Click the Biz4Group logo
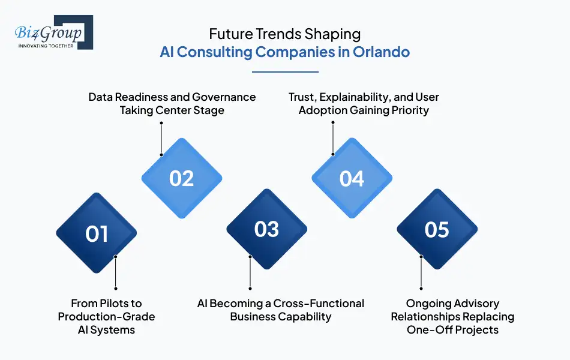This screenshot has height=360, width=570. point(53,32)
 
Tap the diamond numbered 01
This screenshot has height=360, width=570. point(97,233)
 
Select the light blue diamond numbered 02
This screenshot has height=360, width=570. point(182,178)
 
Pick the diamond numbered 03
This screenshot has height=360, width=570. point(267,229)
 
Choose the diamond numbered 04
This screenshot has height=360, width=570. point(352,178)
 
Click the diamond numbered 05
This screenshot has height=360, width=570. point(437,229)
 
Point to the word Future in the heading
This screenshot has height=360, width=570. point(229,35)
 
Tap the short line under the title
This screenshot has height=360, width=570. point(285,72)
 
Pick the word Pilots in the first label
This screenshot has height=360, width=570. point(120,304)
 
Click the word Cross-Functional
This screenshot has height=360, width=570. point(319,304)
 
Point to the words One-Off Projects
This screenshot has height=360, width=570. point(452,330)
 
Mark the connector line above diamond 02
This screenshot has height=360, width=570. point(161,138)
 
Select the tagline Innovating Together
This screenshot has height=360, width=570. point(46,46)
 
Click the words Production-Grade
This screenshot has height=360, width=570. point(106,317)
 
